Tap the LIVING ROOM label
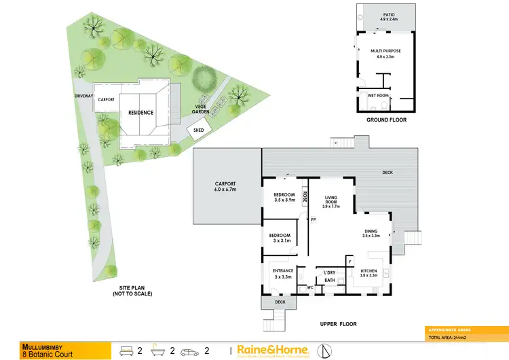tap(331, 200)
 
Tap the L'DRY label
tap(331, 272)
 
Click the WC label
tap(309, 287)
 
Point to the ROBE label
tap(305, 198)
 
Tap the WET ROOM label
tap(377, 96)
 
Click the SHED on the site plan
tap(199, 130)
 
